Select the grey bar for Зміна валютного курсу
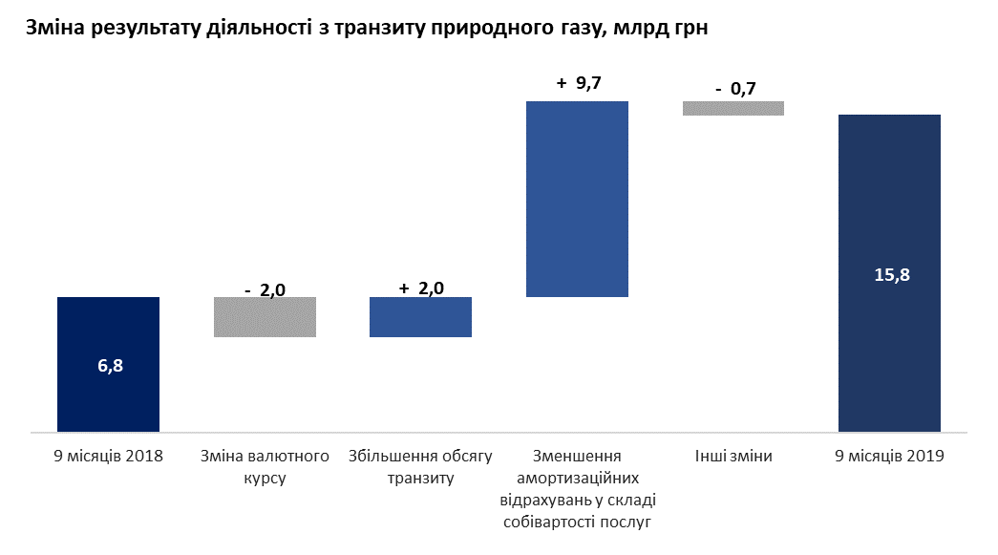[265, 317]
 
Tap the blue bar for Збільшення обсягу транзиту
[420, 317]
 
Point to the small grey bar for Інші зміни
[733, 108]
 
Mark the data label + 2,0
[421, 288]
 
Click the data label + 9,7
[578, 84]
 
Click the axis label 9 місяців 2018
[109, 457]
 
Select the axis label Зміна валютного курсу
[265, 467]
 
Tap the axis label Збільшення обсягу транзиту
[420, 467]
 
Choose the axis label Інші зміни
[733, 457]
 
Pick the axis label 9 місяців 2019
[889, 457]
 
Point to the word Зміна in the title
[55, 30]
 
